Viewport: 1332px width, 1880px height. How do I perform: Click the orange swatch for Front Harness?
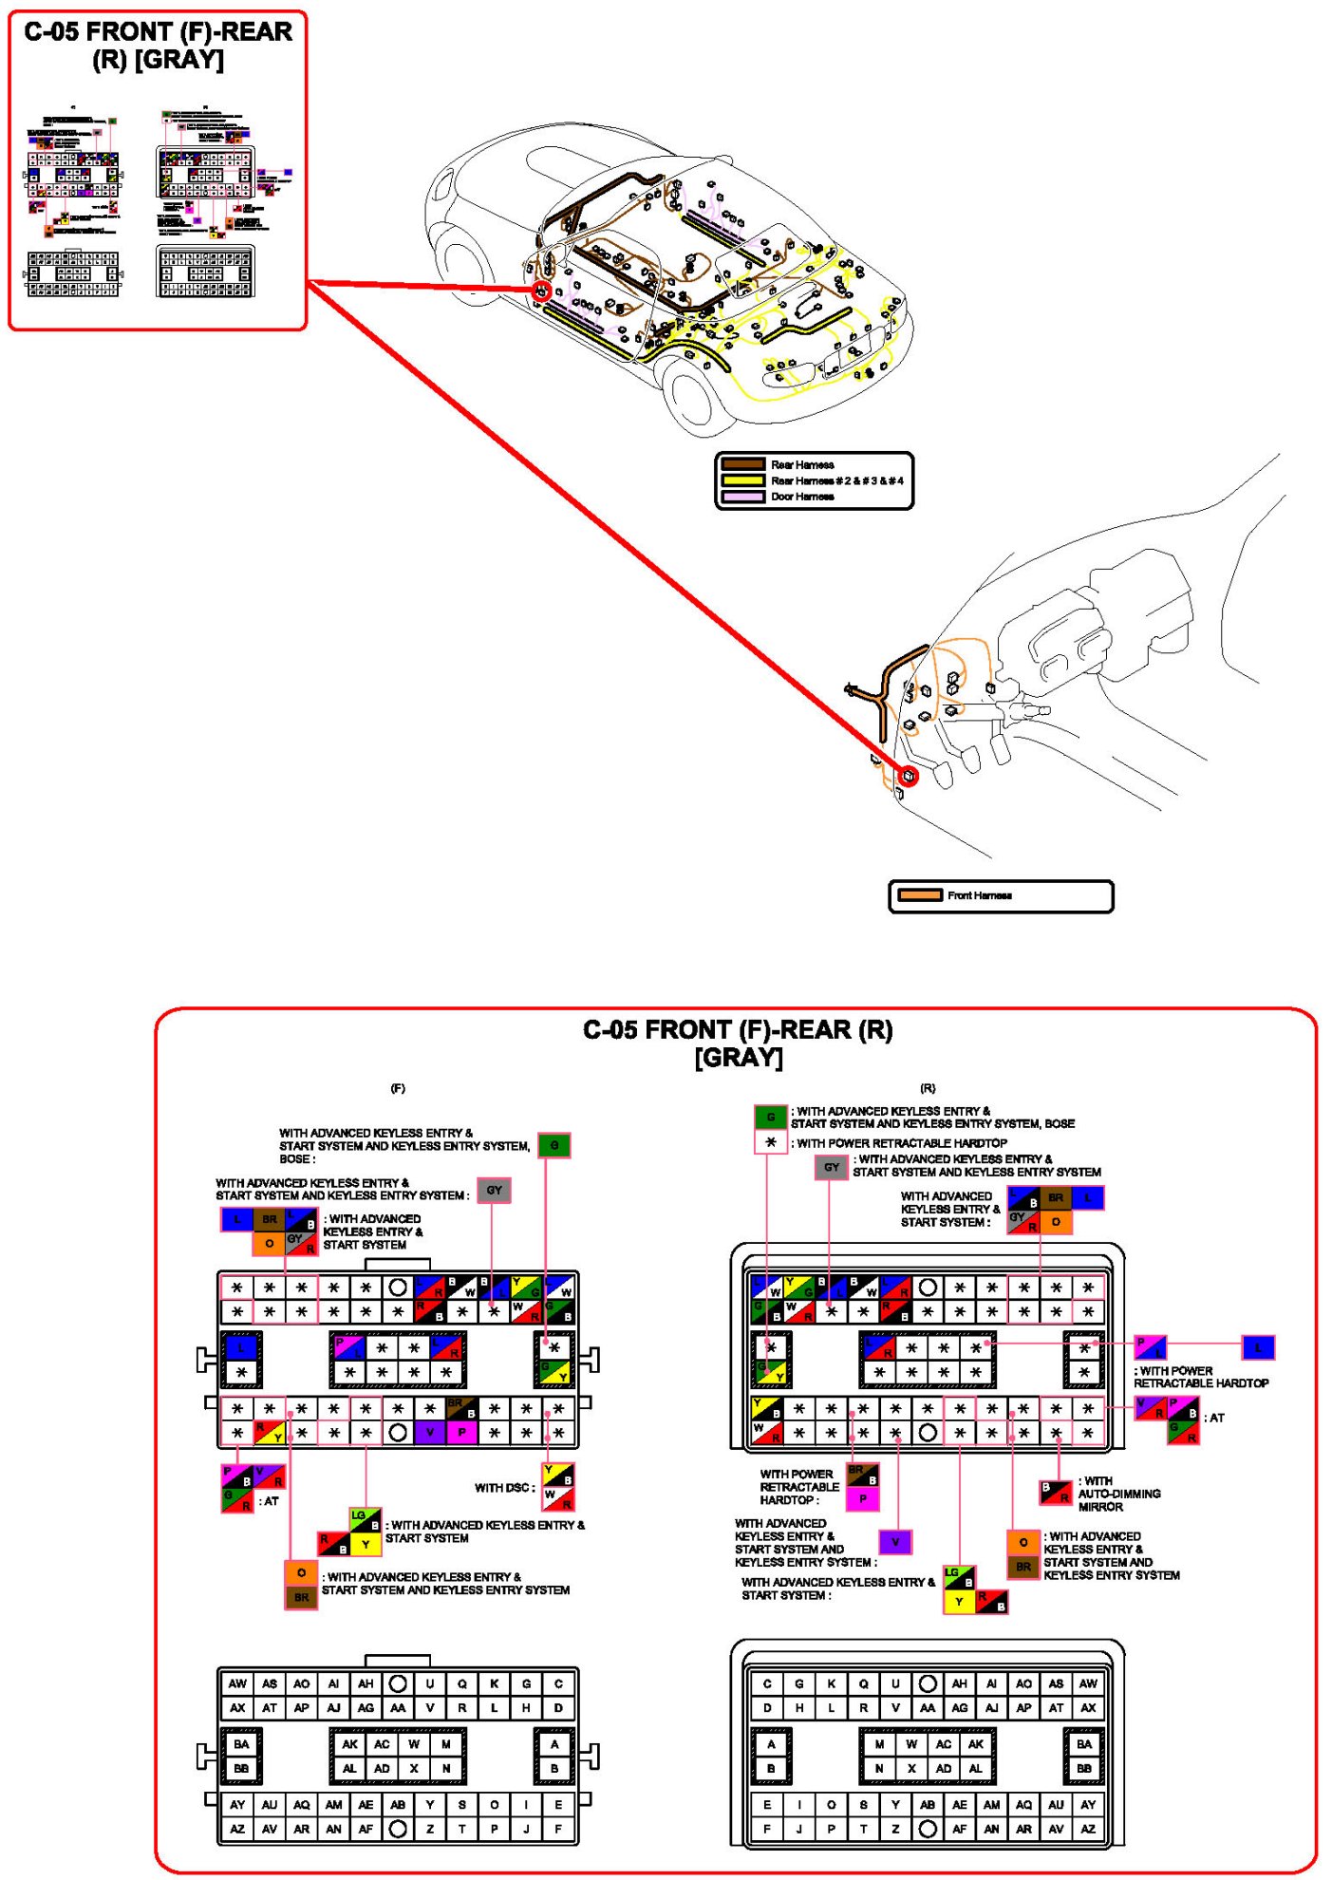(919, 895)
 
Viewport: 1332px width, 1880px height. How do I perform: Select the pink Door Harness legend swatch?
(742, 497)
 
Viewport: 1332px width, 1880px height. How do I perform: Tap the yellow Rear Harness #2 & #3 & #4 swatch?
(742, 480)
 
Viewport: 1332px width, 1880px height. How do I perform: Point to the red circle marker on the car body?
(542, 291)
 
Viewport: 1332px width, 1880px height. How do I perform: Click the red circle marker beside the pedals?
(909, 776)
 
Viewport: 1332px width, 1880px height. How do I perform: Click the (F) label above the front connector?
(398, 1088)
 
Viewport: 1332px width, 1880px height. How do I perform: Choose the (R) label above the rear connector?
(928, 1088)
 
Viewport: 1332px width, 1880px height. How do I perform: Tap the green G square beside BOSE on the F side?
(553, 1145)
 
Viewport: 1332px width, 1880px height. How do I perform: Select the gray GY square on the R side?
(832, 1168)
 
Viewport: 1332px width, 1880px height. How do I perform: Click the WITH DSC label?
(504, 1487)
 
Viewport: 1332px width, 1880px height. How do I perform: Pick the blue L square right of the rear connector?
(1258, 1346)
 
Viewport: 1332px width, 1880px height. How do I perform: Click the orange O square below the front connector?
(301, 1572)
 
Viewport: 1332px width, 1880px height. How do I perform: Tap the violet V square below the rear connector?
(894, 1542)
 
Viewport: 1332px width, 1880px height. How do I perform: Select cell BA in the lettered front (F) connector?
(241, 1744)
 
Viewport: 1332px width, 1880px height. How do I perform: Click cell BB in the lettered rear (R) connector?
(1084, 1769)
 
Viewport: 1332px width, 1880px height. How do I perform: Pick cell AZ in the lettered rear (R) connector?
(1088, 1829)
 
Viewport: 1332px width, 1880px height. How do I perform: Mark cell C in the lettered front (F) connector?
(558, 1683)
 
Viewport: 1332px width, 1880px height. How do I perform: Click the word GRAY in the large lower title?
(739, 1058)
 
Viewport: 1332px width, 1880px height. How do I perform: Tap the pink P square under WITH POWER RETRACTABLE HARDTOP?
(862, 1499)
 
